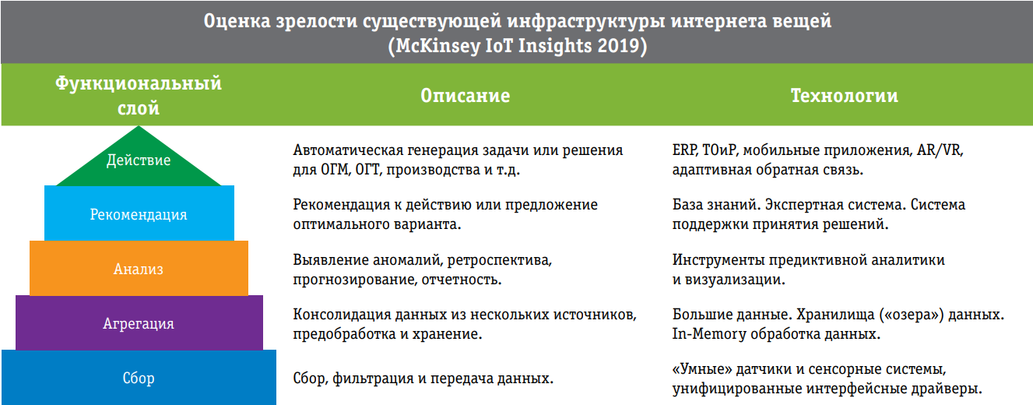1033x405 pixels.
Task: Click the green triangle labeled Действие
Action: tap(139, 162)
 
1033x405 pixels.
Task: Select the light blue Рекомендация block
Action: tap(139, 214)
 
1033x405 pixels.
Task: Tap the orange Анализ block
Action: tap(139, 269)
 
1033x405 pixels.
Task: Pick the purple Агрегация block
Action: tap(139, 324)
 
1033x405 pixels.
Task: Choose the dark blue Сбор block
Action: tap(139, 379)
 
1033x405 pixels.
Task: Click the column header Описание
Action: tap(465, 96)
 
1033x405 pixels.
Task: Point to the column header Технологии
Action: tap(844, 96)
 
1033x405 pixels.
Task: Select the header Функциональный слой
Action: tap(139, 96)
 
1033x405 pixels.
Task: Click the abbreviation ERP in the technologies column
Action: tap(684, 150)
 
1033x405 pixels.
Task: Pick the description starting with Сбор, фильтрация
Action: tap(423, 379)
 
